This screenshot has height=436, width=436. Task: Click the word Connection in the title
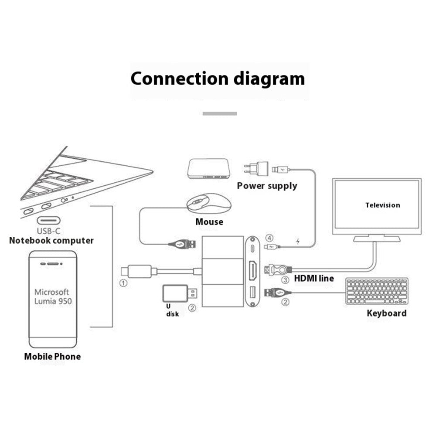tap(179, 79)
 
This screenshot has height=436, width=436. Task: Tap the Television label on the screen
tap(382, 205)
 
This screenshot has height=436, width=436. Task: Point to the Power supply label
tap(267, 186)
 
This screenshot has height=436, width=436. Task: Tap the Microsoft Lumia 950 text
tap(53, 296)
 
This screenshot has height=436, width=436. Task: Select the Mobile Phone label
tap(52, 357)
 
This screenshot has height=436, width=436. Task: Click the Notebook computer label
tap(51, 240)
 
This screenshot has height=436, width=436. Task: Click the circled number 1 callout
tap(123, 283)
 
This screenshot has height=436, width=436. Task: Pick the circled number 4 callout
tap(270, 238)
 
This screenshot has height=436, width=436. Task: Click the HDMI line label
tap(314, 278)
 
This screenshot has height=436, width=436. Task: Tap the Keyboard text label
tap(386, 313)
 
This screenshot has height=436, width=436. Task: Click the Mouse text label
tap(209, 222)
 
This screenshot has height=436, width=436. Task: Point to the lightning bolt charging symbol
tap(298, 241)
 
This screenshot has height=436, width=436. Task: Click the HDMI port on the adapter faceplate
tap(253, 270)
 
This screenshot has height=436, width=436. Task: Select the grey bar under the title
tap(220, 113)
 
